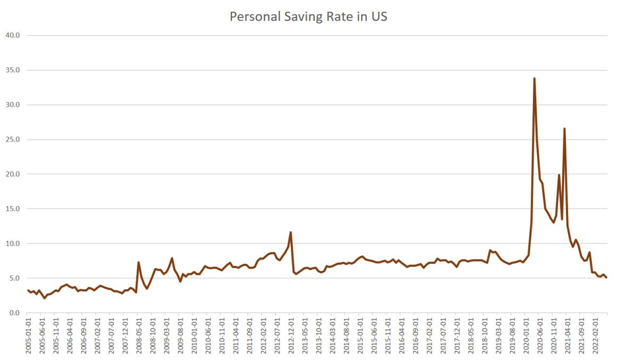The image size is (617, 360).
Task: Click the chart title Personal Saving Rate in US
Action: (308, 16)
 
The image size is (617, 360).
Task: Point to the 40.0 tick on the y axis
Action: (13, 36)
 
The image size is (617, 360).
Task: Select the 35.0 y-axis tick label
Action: (13, 70)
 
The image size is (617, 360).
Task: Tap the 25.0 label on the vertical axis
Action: (13, 139)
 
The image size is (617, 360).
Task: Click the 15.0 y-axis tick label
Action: (13, 209)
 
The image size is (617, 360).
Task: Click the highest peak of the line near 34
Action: (534, 78)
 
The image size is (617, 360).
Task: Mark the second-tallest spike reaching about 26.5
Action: (564, 129)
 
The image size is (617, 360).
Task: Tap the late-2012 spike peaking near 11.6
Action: (290, 232)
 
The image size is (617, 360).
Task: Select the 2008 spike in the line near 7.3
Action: (138, 262)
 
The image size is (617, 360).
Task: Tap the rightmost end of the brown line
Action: (606, 278)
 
